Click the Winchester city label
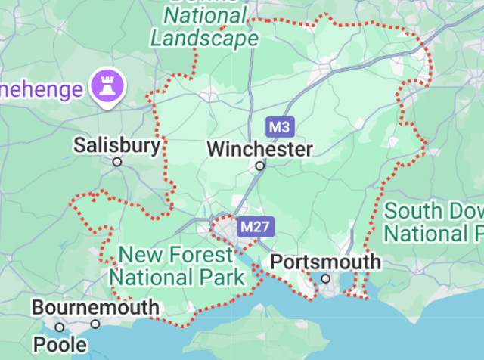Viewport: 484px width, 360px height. pyautogui.click(x=259, y=149)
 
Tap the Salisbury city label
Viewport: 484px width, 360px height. pyautogui.click(x=117, y=145)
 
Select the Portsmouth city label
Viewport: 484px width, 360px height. pyautogui.click(x=325, y=262)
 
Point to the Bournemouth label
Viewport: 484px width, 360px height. pyautogui.click(x=95, y=308)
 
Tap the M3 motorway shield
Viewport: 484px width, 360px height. pyautogui.click(x=279, y=126)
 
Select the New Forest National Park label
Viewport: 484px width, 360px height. pyautogui.click(x=178, y=266)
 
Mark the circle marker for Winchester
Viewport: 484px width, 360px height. pyautogui.click(x=260, y=165)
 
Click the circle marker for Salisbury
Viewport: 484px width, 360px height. pyautogui.click(x=117, y=162)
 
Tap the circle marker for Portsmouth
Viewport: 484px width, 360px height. pyautogui.click(x=326, y=278)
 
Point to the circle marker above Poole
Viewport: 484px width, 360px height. pyautogui.click(x=60, y=327)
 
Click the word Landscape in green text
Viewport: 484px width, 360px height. pyautogui.click(x=204, y=38)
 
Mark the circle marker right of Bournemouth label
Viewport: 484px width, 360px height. pyautogui.click(x=95, y=324)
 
